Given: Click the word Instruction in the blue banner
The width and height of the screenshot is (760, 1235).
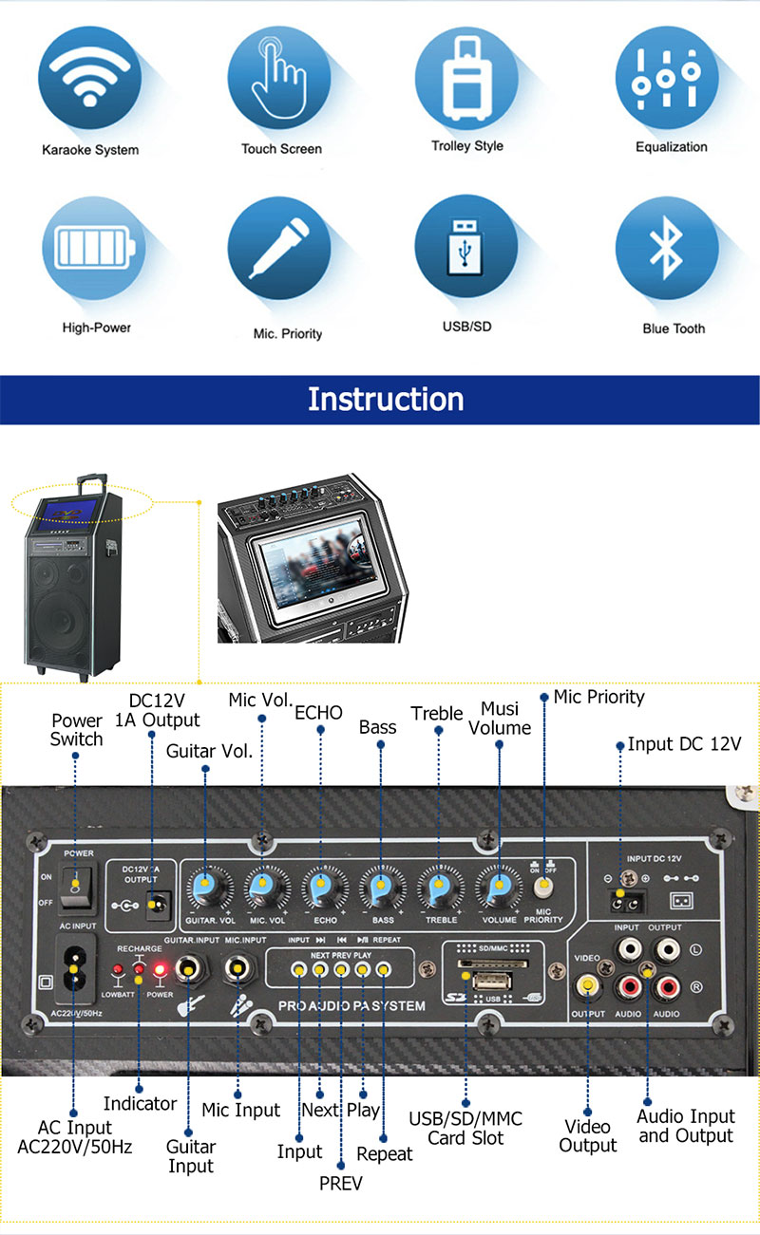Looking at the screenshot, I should click(385, 399).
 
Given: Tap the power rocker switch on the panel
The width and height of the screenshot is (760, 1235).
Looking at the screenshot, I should click(72, 885).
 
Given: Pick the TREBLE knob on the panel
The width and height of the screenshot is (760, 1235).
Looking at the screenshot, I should click(439, 889).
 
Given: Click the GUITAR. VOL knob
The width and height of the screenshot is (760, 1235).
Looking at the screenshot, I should click(208, 889).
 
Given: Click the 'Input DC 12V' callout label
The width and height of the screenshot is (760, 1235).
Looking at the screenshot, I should click(684, 744).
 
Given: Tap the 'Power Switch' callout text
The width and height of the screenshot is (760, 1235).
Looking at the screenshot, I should click(77, 730).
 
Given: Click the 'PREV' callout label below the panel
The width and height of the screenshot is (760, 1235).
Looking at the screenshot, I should click(340, 1183).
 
